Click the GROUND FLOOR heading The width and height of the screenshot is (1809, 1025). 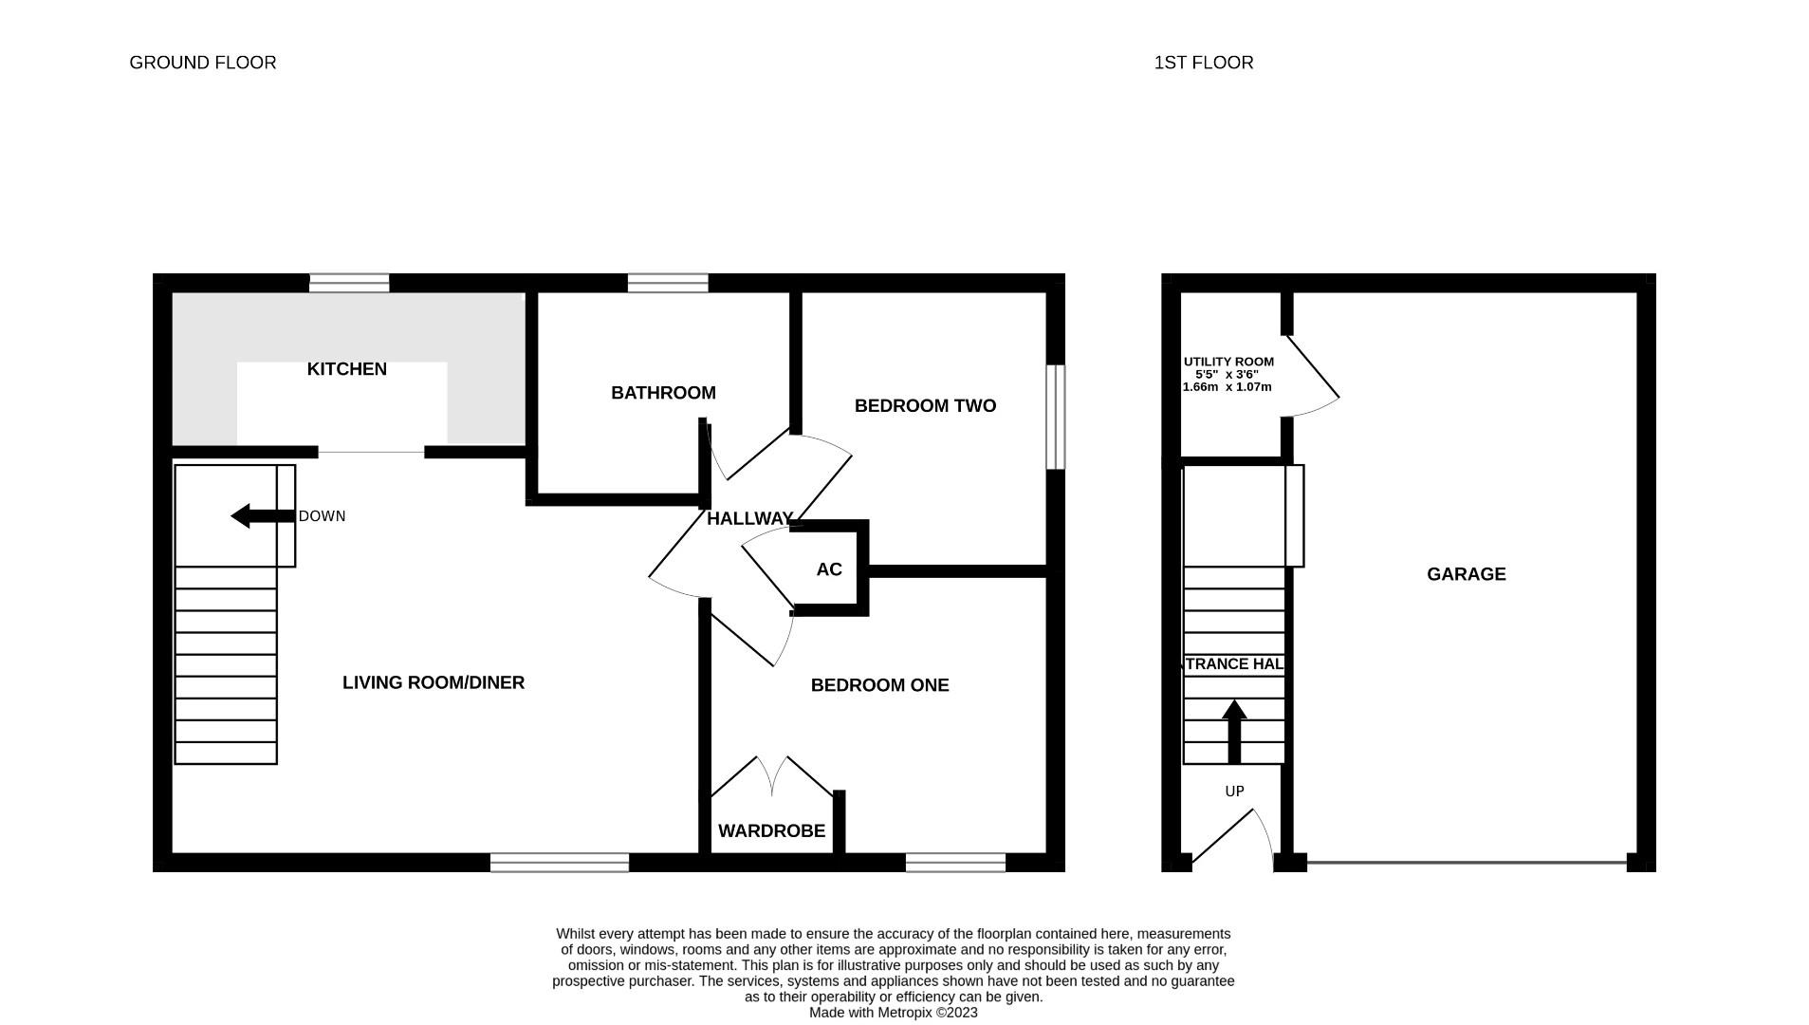pyautogui.click(x=202, y=63)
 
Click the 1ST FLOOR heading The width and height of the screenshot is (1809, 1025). pyautogui.click(x=1203, y=63)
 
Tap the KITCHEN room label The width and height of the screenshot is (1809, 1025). pyautogui.click(x=346, y=369)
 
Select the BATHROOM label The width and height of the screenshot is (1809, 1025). pyautogui.click(x=663, y=393)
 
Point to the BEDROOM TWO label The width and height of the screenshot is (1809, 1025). pyautogui.click(x=925, y=406)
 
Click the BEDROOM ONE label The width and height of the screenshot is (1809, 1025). pyautogui.click(x=879, y=685)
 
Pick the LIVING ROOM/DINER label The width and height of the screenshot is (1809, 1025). pyautogui.click(x=433, y=682)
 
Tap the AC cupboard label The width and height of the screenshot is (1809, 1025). pyautogui.click(x=828, y=569)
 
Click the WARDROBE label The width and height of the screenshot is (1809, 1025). pyautogui.click(x=771, y=831)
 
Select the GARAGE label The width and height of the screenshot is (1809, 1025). pyautogui.click(x=1466, y=574)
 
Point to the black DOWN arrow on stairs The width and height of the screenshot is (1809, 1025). pyautogui.click(x=261, y=516)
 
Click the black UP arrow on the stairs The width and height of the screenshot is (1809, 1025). pyautogui.click(x=1233, y=731)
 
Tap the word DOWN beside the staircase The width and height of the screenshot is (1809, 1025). pyautogui.click(x=322, y=516)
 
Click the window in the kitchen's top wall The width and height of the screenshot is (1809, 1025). pyautogui.click(x=349, y=283)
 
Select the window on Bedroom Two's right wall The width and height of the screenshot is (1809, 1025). pyautogui.click(x=1055, y=417)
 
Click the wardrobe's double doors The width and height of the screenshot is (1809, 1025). pyautogui.click(x=772, y=776)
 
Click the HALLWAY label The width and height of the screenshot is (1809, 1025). pyautogui.click(x=749, y=518)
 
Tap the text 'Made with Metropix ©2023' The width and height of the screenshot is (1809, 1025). pyautogui.click(x=893, y=1013)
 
